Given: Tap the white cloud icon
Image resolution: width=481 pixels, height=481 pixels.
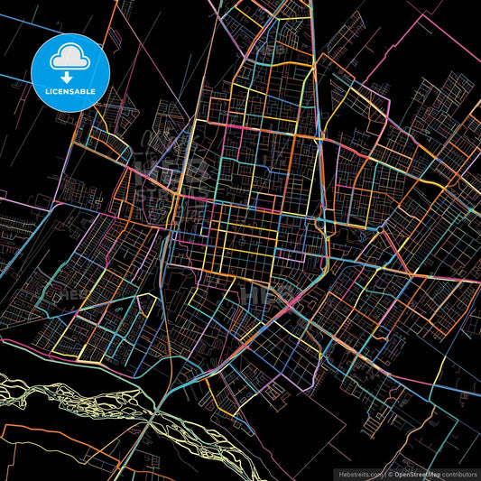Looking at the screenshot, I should pyautogui.click(x=70, y=58).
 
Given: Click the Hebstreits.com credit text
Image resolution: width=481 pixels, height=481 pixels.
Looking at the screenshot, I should pyautogui.click(x=360, y=473).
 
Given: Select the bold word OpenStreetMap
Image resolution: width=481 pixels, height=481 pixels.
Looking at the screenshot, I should pyautogui.click(x=416, y=473).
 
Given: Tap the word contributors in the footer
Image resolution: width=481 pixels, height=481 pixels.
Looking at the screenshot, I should pyautogui.click(x=459, y=473).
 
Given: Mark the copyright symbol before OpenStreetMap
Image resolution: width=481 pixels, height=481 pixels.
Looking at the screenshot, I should pyautogui.click(x=391, y=473).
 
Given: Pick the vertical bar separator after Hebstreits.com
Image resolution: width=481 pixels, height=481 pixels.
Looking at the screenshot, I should pyautogui.click(x=384, y=473).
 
